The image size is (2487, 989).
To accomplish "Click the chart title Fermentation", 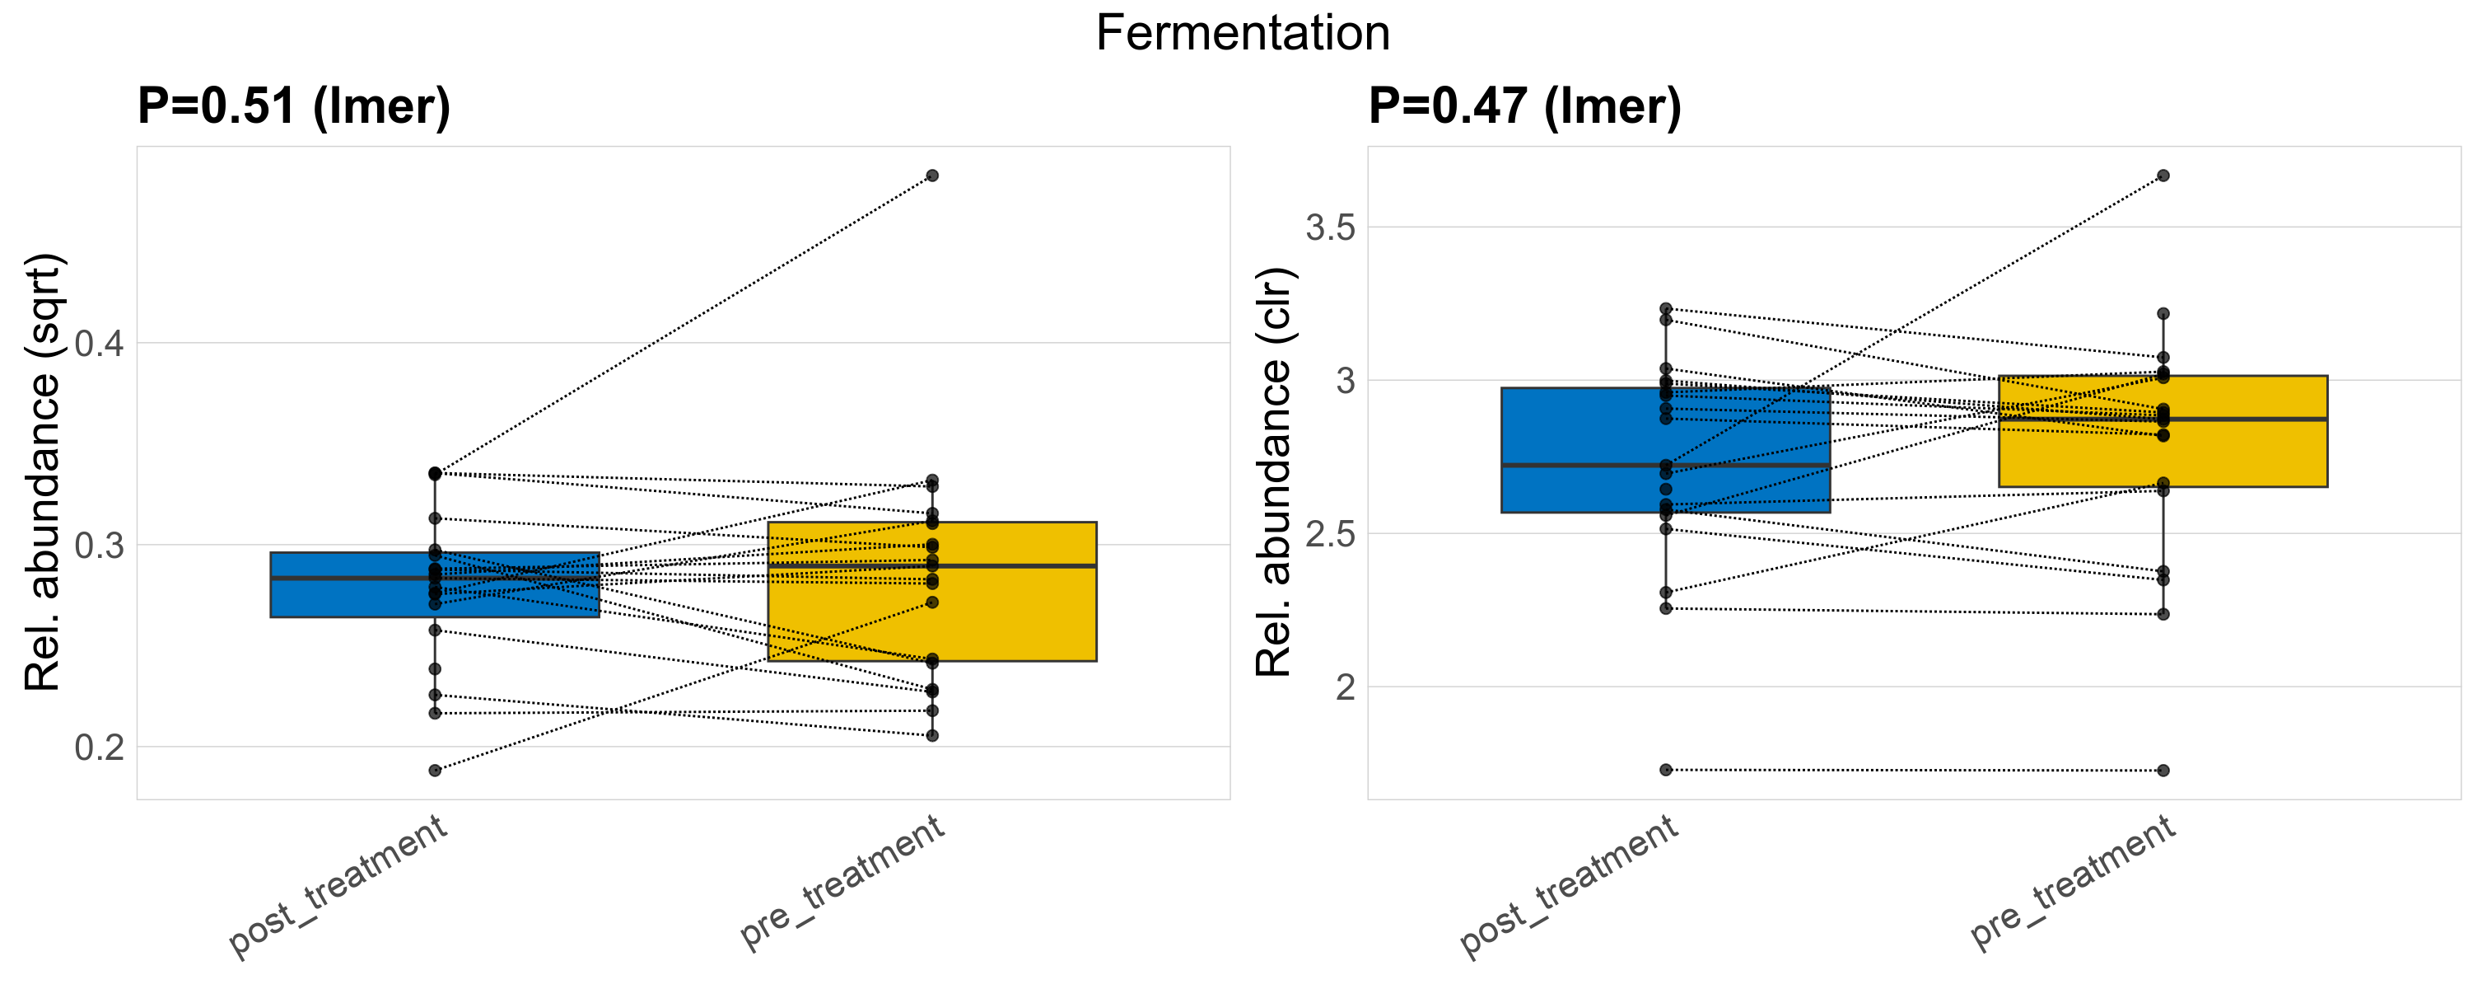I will point(1243,34).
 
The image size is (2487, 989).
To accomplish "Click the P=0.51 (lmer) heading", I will point(293,106).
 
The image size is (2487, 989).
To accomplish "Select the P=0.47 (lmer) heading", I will point(1524,106).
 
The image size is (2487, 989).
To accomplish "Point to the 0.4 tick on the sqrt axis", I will point(100,344).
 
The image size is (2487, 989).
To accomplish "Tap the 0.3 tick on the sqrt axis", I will point(100,546).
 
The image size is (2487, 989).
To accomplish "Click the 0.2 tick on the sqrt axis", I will point(100,748).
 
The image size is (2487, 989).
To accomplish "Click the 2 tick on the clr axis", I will point(1345,687).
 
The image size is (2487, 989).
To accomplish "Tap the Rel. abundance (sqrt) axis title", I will point(43,472).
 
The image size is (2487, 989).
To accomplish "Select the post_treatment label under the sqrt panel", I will point(338,886).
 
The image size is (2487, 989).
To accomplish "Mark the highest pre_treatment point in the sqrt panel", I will point(931,176).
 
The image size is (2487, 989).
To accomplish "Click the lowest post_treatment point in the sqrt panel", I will point(435,771).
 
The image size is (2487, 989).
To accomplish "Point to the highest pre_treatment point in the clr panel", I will point(2163,176).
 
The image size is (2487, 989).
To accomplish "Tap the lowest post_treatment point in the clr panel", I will point(1665,770).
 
